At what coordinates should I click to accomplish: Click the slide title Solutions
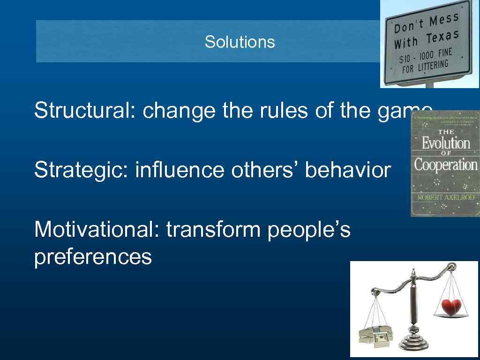(240, 42)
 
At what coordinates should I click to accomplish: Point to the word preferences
(93, 257)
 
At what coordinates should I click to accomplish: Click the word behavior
(347, 170)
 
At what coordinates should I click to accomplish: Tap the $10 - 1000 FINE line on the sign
(426, 56)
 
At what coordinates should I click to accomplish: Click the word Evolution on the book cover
(445, 142)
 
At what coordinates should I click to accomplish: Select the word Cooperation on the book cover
(445, 165)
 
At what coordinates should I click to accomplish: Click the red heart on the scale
(452, 307)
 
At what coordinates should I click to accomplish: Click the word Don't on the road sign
(410, 26)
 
